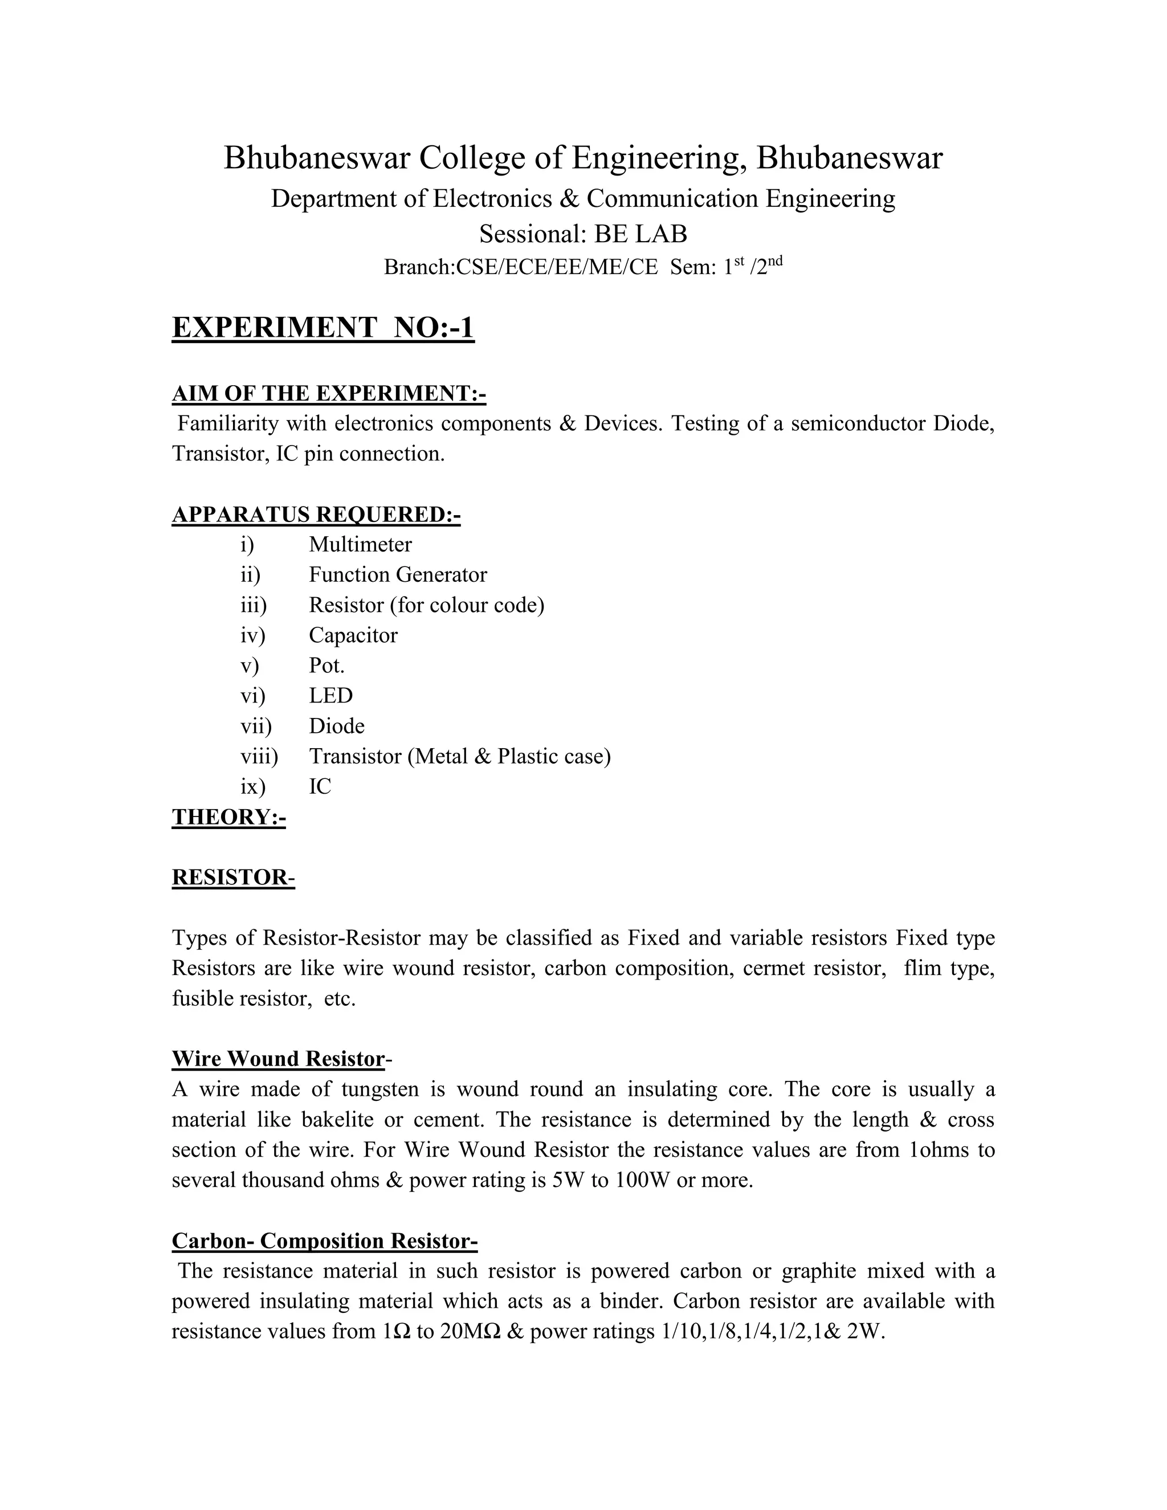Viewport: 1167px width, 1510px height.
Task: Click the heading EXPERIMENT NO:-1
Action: coord(323,327)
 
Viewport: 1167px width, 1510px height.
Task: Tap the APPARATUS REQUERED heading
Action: coord(316,515)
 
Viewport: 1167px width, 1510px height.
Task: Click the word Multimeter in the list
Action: coord(360,545)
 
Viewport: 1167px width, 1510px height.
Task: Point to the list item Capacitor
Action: coord(353,635)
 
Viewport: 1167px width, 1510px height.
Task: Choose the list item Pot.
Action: coord(327,666)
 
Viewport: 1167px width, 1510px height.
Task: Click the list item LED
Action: coord(330,696)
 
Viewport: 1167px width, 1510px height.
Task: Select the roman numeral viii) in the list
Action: coord(259,756)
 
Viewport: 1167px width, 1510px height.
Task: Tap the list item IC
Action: coord(320,787)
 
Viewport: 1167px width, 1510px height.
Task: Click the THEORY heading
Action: coord(229,817)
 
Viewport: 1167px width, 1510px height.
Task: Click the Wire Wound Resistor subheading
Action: coord(279,1059)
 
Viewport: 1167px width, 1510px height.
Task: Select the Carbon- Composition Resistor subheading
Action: coord(324,1240)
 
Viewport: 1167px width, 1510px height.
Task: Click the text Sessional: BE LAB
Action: coord(583,234)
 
